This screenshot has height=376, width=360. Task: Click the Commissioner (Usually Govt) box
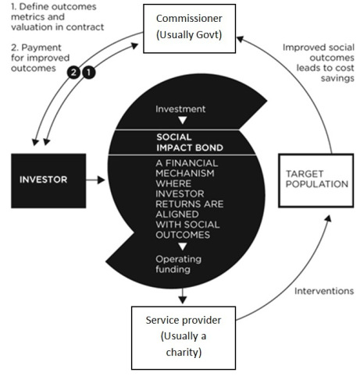[x=190, y=29]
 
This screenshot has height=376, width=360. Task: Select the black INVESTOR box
[x=48, y=181]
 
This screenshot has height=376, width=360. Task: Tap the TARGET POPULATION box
[x=316, y=180]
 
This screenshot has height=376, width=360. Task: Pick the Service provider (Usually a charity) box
[x=184, y=338]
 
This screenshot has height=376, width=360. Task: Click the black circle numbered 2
[x=73, y=73]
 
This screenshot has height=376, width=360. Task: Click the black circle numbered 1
[x=89, y=73]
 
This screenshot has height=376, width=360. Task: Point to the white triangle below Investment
[x=183, y=120]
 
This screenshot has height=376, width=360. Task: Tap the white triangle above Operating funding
[x=183, y=247]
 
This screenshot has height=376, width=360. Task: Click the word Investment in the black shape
[x=180, y=109]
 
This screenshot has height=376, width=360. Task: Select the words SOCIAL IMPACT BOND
[x=190, y=142]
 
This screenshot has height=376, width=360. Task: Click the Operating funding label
[x=179, y=264]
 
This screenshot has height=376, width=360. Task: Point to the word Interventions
[x=324, y=291]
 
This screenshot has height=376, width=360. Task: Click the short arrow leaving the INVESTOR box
[x=95, y=179]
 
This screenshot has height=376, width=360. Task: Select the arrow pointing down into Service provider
[x=183, y=296]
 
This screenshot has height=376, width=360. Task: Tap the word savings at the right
[x=337, y=78]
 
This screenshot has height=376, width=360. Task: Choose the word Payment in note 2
[x=41, y=48]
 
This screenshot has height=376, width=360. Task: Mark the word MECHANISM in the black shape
[x=185, y=173]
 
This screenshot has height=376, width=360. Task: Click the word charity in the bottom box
[x=184, y=353]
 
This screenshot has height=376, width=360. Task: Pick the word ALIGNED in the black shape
[x=177, y=215]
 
